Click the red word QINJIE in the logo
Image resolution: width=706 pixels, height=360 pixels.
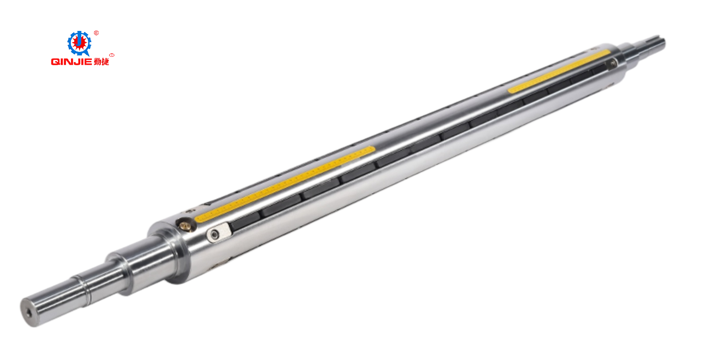point(71,62)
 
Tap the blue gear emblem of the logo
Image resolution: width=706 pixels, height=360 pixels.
point(79,43)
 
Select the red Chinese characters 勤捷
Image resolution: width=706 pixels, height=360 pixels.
point(102,62)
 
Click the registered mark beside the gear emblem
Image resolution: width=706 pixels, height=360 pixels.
point(96,33)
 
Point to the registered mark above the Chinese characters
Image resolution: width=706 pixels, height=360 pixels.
point(112,55)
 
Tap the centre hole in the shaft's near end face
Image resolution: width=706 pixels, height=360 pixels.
point(29,313)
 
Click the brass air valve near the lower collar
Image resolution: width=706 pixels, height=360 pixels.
point(186,225)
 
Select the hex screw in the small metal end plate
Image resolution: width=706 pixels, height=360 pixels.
point(215,235)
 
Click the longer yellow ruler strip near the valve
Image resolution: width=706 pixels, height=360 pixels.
point(285,184)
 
